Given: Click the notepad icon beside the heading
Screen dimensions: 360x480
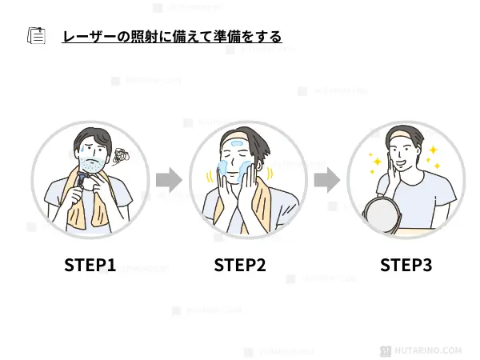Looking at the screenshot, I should (36, 37).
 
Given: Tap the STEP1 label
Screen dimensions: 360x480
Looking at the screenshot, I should (90, 265).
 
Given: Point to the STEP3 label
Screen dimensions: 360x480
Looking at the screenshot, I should (406, 265).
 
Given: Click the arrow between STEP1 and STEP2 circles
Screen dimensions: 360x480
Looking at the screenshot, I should (168, 180).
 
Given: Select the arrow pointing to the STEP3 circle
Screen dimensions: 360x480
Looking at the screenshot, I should (326, 180).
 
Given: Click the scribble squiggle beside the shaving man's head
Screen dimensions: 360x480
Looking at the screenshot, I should (122, 156).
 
